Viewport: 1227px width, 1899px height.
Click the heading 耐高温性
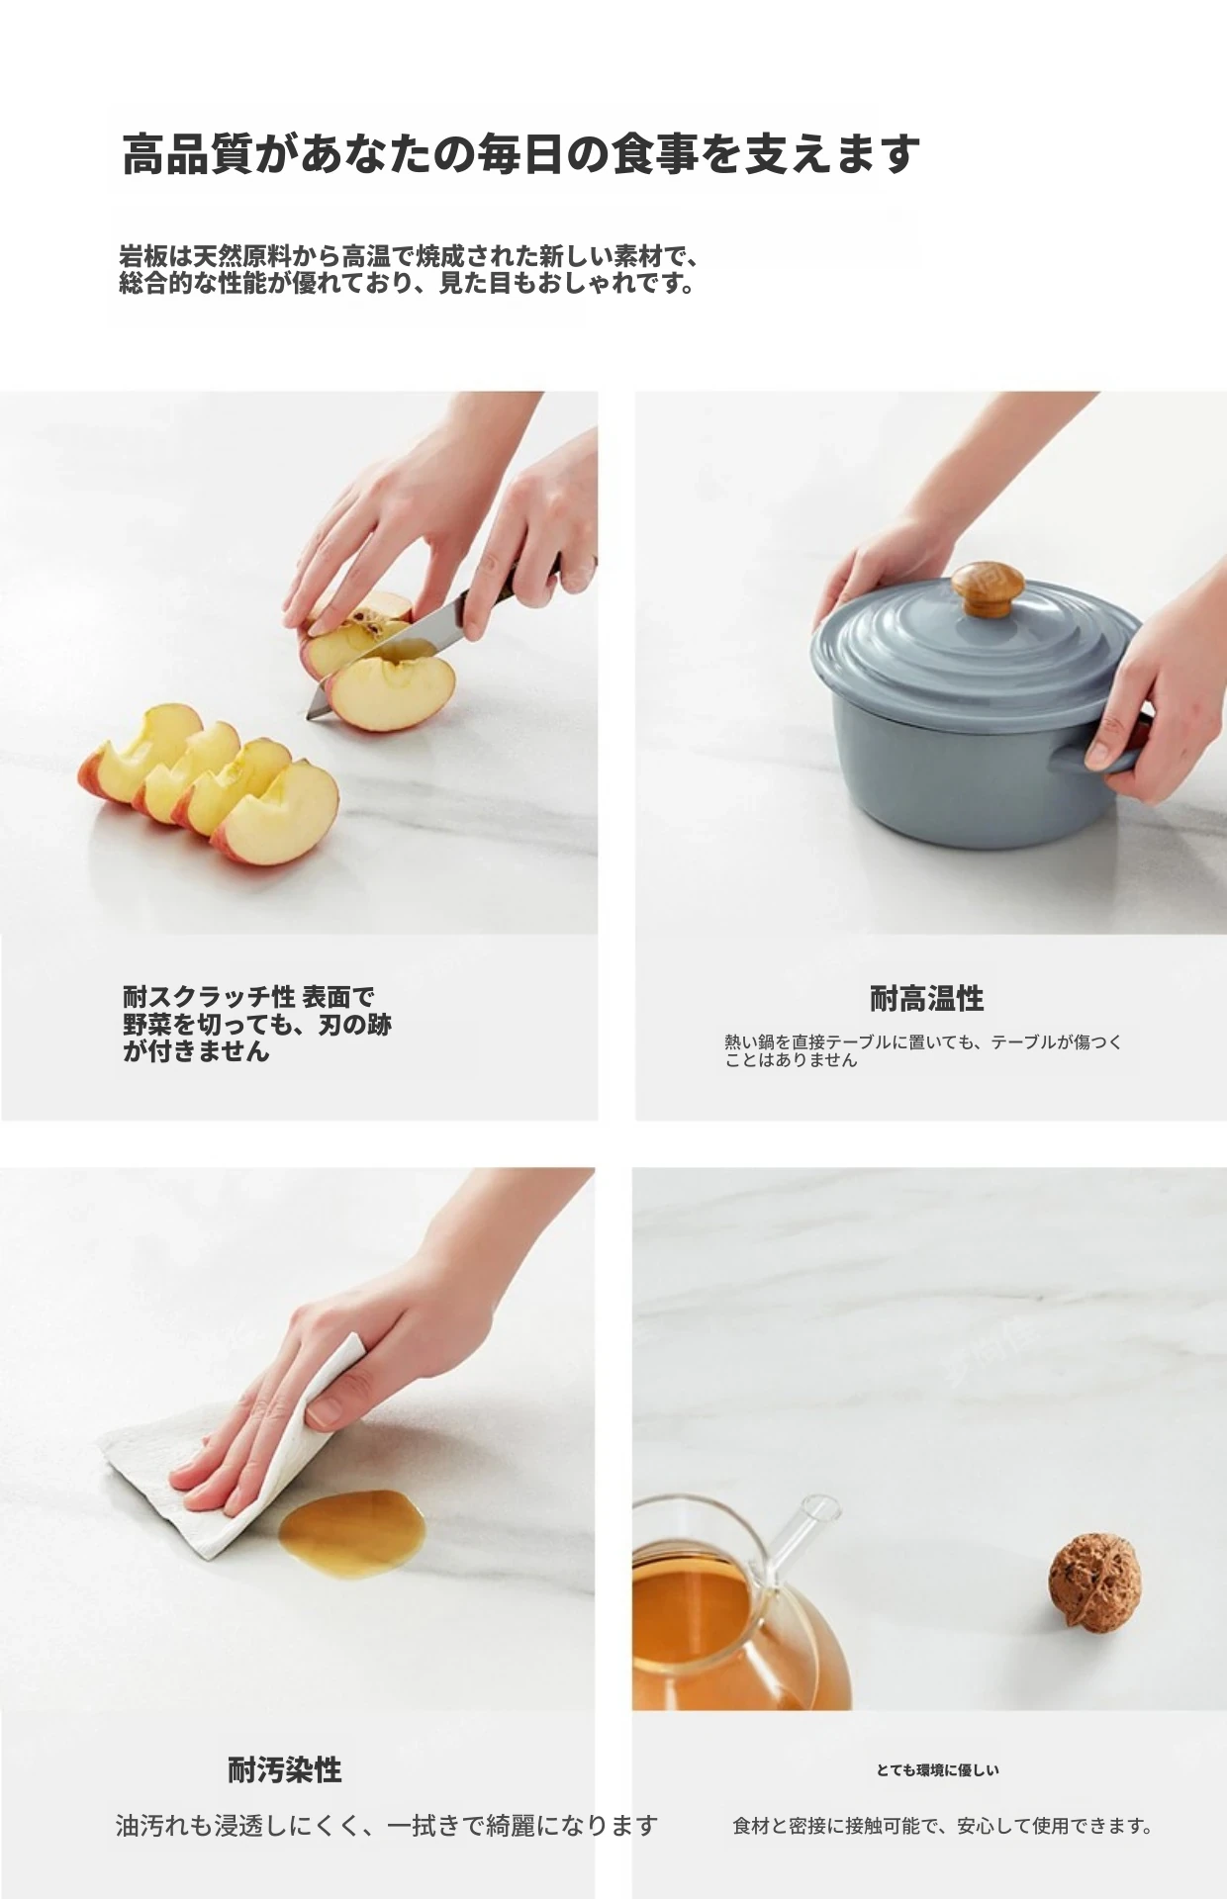(x=926, y=999)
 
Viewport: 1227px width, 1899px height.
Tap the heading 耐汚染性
(x=285, y=1769)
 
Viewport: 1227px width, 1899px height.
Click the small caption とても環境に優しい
(x=938, y=1770)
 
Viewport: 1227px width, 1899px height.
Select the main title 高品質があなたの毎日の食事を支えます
(x=520, y=154)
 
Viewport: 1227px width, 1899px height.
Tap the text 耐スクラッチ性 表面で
(x=248, y=996)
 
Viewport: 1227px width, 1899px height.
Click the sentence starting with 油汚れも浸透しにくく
(x=387, y=1825)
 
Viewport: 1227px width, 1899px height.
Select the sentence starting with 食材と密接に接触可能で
(x=943, y=1826)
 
